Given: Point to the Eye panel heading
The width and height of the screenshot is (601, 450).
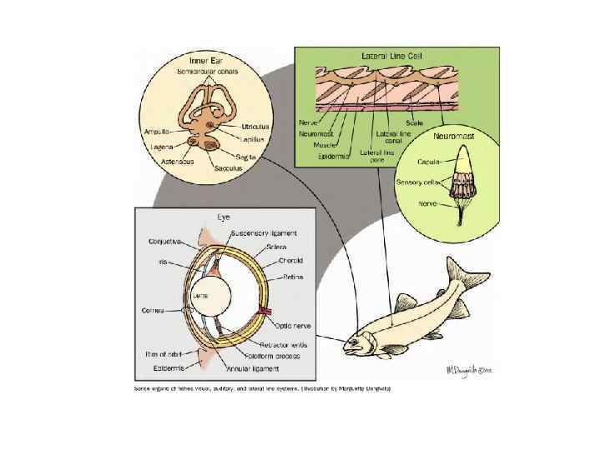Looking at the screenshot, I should (x=224, y=217).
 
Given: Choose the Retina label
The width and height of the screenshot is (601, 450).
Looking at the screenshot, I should (x=295, y=277).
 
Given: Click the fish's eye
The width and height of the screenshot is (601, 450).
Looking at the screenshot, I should (x=365, y=340).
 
